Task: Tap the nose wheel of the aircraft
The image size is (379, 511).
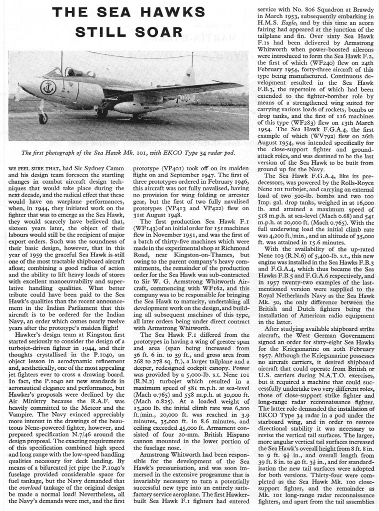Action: point(43,118)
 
